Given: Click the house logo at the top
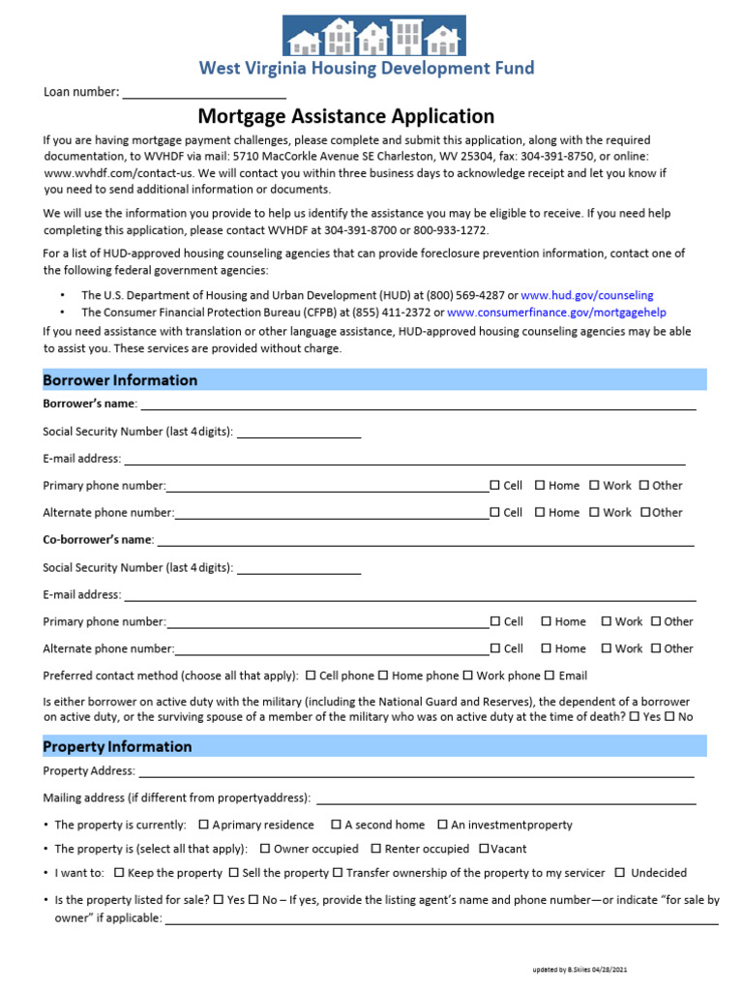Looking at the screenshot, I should click(373, 36).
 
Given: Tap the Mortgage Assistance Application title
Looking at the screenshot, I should click(346, 117).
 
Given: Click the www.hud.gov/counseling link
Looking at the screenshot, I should click(587, 294).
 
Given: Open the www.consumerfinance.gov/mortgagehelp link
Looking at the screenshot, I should click(556, 313).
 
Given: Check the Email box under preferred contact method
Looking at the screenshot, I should click(550, 676).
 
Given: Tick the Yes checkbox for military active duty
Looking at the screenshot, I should click(635, 717).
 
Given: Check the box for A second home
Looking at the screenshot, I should click(336, 825).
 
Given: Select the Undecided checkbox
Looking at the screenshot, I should click(620, 873).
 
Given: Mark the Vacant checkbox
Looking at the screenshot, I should click(484, 849).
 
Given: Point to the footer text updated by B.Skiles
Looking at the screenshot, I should click(585, 969).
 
